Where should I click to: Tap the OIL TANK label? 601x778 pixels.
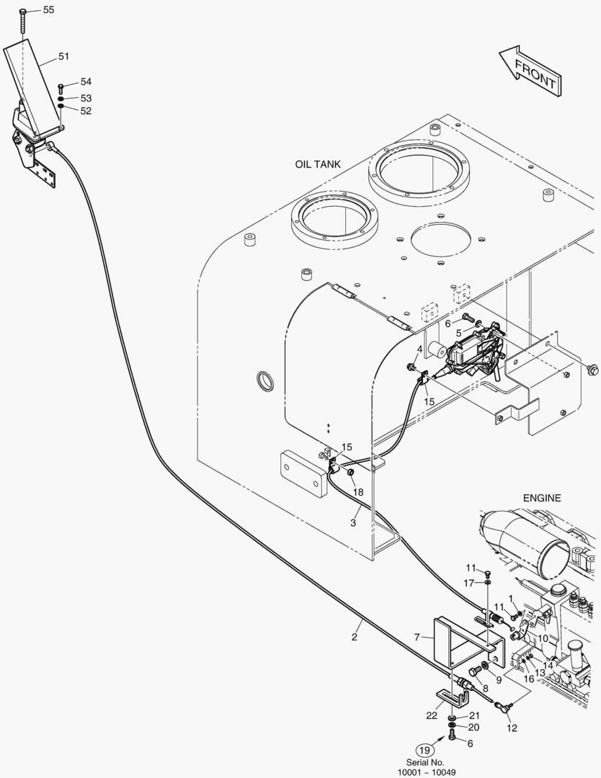coord(318,164)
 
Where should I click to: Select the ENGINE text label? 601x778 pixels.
coord(542,498)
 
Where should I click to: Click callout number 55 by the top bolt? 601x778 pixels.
coord(48,10)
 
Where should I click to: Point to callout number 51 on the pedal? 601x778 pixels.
coord(63,56)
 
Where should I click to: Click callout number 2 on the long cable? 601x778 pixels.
coord(355,637)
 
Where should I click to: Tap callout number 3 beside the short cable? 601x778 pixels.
coord(354,523)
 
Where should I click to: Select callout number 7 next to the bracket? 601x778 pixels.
coord(417,637)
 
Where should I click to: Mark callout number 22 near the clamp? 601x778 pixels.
coord(431,715)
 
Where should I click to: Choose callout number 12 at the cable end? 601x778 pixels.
coord(512,728)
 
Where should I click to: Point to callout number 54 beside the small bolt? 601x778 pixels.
coord(86,82)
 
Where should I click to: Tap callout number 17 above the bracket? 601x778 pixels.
coord(468,582)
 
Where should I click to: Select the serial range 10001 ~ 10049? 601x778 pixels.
coord(427,772)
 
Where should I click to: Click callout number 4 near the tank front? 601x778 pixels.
coord(419,349)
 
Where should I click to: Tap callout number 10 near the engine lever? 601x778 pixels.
coord(543,638)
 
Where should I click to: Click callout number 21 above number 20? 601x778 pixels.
coord(474,715)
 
